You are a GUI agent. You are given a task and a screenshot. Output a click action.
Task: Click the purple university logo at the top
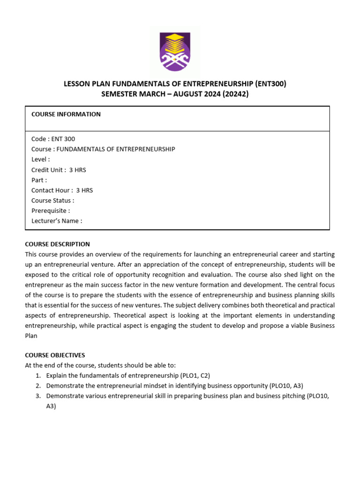(x=175, y=52)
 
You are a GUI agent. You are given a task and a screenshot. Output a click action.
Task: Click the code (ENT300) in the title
(x=270, y=84)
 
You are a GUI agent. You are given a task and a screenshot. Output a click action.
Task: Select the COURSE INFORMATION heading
(x=66, y=114)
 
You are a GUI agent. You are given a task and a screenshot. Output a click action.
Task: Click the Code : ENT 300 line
(x=53, y=139)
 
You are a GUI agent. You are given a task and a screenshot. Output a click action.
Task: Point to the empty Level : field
(x=41, y=159)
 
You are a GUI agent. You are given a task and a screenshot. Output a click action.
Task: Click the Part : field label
(x=39, y=180)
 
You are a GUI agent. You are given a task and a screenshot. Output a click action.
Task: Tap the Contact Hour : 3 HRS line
(x=62, y=190)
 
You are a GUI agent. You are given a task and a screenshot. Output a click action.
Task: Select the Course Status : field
(x=52, y=201)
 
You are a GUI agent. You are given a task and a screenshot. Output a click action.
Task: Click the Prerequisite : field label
(x=51, y=211)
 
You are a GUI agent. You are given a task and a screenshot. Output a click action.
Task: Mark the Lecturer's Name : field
(x=57, y=221)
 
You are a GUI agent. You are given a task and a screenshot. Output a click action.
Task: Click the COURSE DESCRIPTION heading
(x=57, y=244)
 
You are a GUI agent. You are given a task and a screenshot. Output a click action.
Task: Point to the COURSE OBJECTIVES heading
(x=55, y=355)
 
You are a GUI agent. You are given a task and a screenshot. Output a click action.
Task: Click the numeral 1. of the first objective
(x=38, y=376)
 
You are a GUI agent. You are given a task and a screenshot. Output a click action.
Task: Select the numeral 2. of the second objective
(x=38, y=386)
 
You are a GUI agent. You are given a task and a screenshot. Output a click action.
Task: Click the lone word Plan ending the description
(x=32, y=336)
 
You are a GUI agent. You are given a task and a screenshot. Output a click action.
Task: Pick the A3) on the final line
(x=51, y=406)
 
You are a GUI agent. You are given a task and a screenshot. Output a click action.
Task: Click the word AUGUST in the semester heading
(x=194, y=94)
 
